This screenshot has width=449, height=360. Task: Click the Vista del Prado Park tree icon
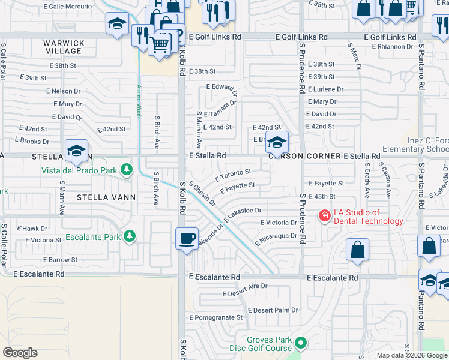[x=126, y=170]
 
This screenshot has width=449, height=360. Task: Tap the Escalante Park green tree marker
[x=128, y=237]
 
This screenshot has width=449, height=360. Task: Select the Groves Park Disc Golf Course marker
[x=300, y=343]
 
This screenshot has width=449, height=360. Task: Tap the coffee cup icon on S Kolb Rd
[x=187, y=238]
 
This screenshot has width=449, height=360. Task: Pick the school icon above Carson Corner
[x=276, y=143]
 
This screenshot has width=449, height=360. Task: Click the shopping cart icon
[x=160, y=44]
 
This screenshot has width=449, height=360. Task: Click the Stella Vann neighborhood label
[x=106, y=196]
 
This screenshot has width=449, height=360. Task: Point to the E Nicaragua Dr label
[x=276, y=239]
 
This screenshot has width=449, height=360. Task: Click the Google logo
[x=20, y=353]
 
